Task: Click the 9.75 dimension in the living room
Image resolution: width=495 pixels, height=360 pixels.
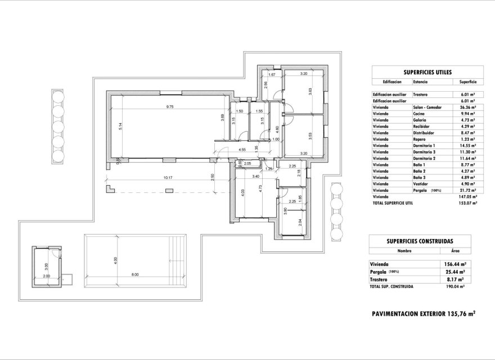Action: pos(169,106)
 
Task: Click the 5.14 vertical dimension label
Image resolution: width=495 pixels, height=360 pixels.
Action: pos(120,127)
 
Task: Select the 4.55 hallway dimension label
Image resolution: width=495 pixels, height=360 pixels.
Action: pos(242,150)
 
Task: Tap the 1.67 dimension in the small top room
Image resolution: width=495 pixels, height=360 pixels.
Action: pos(271,74)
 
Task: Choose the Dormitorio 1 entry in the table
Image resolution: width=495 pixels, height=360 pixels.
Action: pos(425,146)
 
